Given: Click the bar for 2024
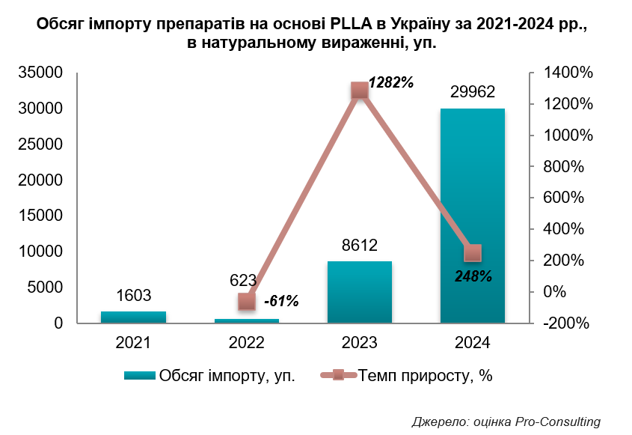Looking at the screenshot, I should click(472, 217).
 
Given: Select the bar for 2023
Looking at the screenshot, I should click(359, 293).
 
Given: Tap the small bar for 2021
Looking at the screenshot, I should click(133, 317).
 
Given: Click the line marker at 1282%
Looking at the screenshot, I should click(360, 90).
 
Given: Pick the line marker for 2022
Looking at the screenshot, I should click(247, 301).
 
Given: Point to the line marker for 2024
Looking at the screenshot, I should click(473, 252).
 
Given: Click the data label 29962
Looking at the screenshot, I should click(472, 92).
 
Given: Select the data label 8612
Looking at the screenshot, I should click(359, 245).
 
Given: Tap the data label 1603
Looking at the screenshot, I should click(134, 295).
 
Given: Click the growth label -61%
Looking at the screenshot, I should click(281, 302).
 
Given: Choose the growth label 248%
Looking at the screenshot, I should click(473, 276).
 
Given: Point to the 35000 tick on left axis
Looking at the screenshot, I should click(41, 73).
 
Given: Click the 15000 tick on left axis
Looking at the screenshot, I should click(41, 216).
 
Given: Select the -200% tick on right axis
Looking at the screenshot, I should click(566, 324).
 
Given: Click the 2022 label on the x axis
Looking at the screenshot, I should click(246, 344).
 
